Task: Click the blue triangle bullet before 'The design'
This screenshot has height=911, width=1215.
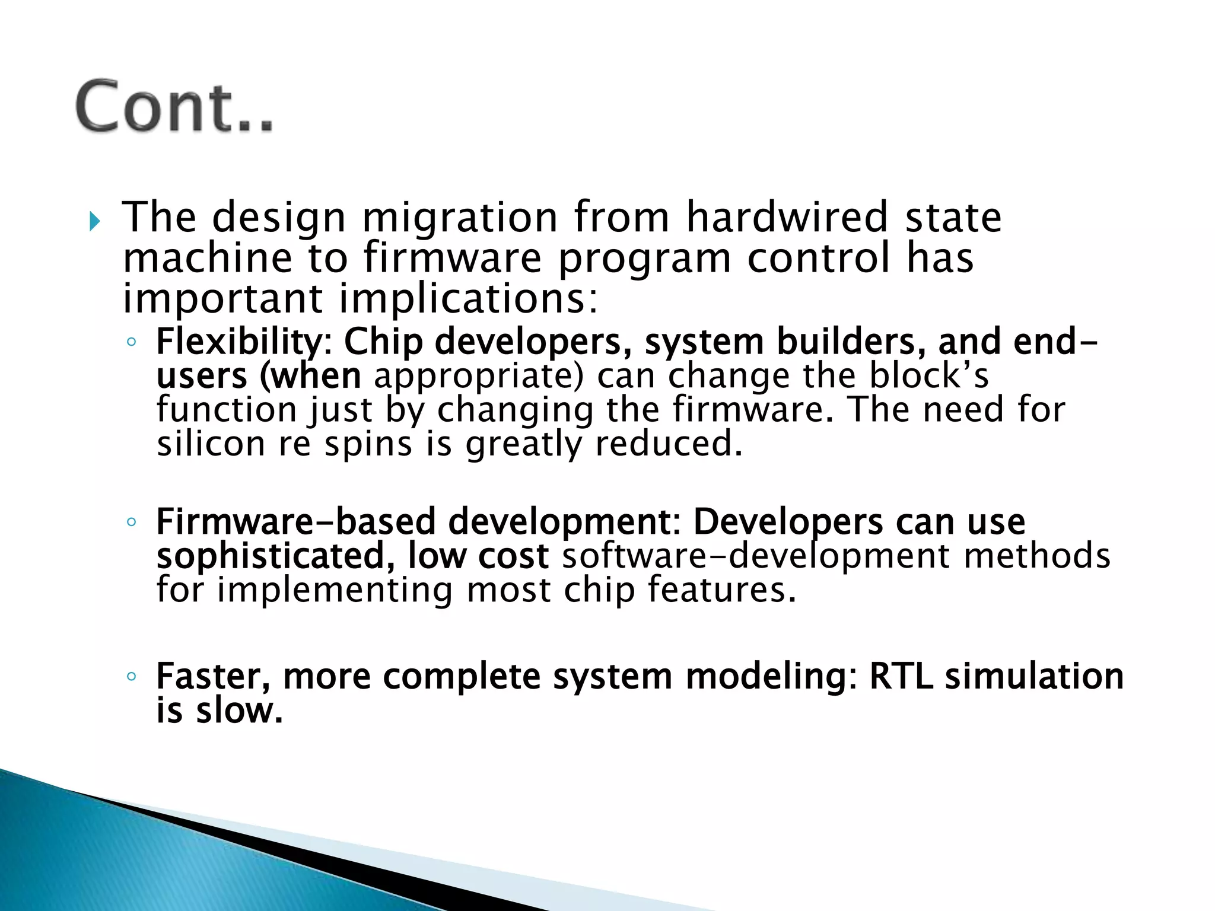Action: tap(95, 222)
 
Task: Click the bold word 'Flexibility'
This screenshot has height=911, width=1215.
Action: tap(238, 342)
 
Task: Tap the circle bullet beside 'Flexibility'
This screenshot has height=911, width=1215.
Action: tap(132, 342)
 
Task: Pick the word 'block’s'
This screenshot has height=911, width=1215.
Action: tap(928, 376)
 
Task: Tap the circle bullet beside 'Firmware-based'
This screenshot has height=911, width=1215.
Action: tap(132, 522)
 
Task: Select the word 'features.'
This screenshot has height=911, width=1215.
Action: tap(721, 590)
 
